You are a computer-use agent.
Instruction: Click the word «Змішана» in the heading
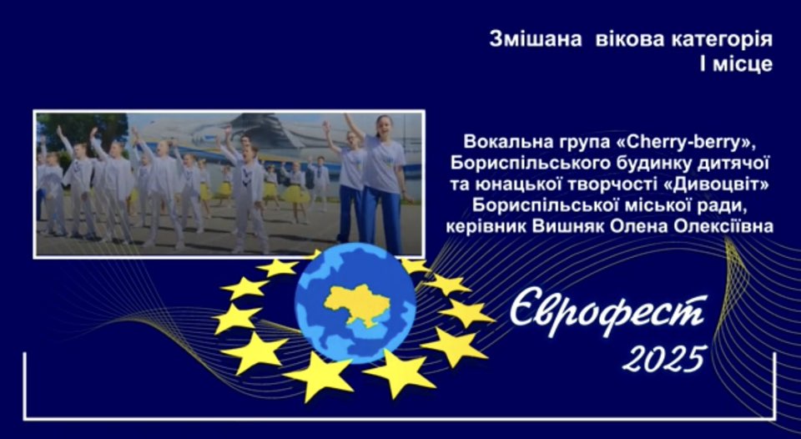(536, 39)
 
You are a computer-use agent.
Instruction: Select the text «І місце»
(736, 64)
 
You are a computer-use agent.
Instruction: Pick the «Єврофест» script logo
(608, 315)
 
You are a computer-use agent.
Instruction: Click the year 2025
(665, 358)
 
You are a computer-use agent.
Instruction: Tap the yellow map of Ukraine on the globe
(357, 305)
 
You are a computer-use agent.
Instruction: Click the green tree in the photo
(82, 130)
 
